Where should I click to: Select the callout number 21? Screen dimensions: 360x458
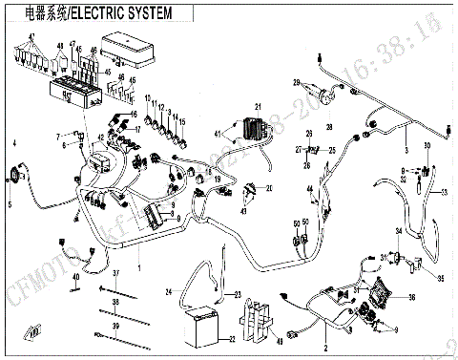tap(256, 105)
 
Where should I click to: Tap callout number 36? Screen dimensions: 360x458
tap(411, 298)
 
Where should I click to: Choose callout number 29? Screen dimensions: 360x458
tap(297, 81)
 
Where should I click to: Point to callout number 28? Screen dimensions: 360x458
tap(329, 126)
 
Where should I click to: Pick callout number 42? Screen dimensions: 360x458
tap(99, 138)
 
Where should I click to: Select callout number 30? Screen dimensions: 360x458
tap(428, 145)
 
